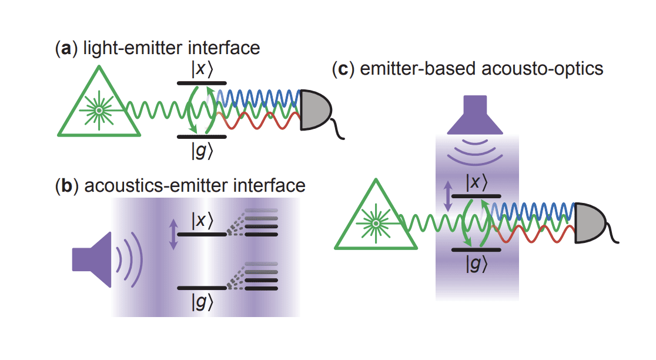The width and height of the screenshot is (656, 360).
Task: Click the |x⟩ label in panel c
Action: [x=476, y=182]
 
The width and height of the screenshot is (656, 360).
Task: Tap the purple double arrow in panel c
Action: [x=450, y=196]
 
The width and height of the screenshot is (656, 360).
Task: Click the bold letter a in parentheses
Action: [x=66, y=48]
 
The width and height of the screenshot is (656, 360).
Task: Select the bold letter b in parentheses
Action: [x=66, y=186]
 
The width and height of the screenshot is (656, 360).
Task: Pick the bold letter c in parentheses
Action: [x=343, y=69]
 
